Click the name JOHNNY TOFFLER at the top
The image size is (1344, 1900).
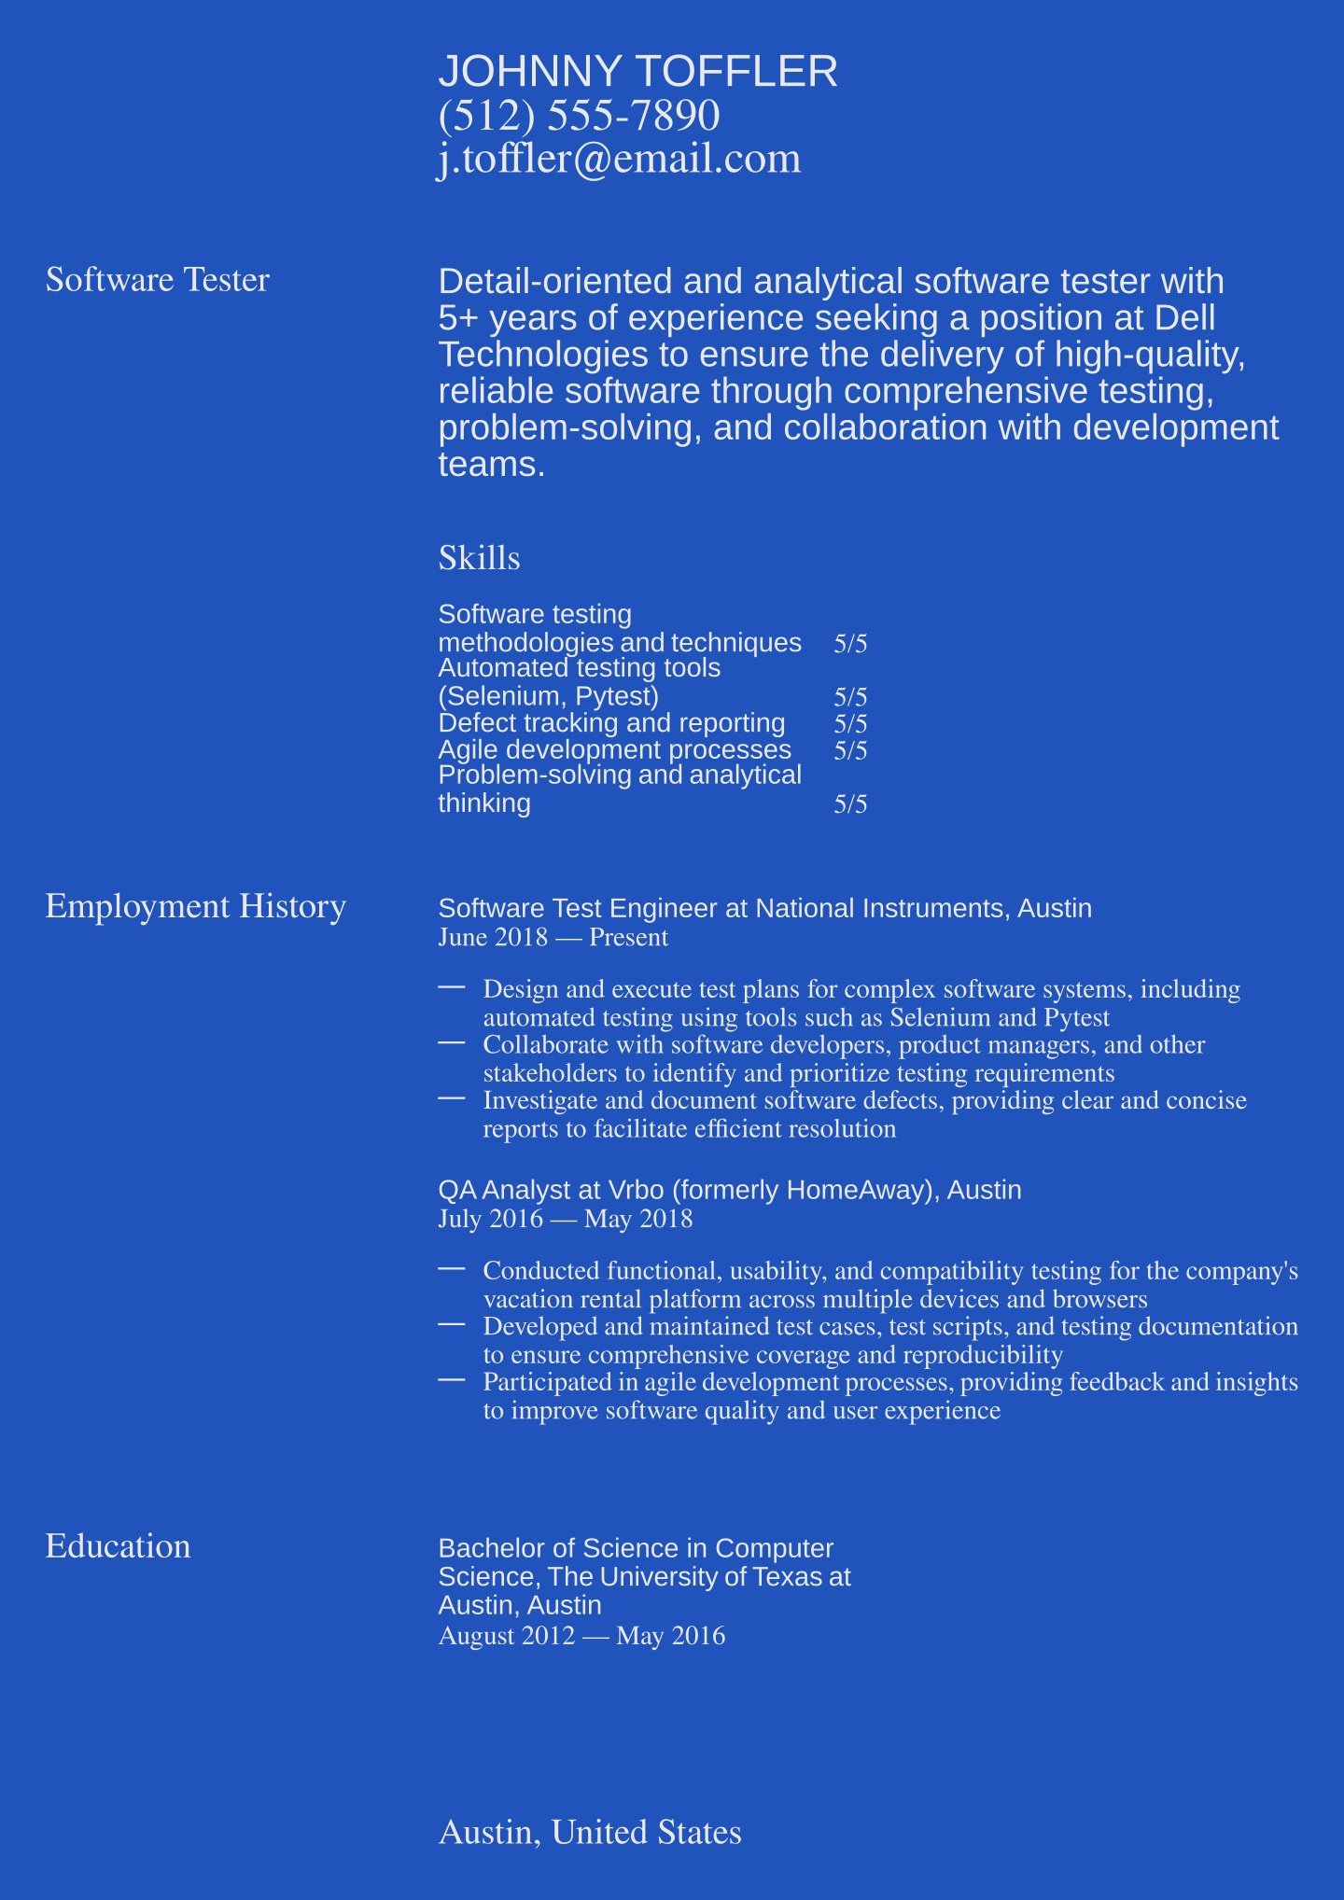pyautogui.click(x=637, y=72)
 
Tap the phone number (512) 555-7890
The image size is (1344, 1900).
pyautogui.click(x=579, y=116)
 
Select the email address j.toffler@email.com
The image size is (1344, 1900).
pyautogui.click(x=619, y=159)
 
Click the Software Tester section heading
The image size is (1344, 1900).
pyautogui.click(x=157, y=280)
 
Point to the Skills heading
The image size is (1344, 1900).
pyautogui.click(x=479, y=558)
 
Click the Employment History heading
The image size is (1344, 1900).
pyautogui.click(x=195, y=906)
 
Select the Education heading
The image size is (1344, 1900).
pyautogui.click(x=118, y=1546)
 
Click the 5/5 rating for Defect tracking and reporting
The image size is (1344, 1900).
pyautogui.click(x=850, y=724)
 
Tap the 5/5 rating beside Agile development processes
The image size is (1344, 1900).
pyautogui.click(x=850, y=751)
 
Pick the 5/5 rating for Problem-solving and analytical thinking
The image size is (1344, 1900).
pyautogui.click(x=850, y=804)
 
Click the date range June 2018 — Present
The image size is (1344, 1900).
pyautogui.click(x=553, y=938)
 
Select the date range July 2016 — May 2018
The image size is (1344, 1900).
pyautogui.click(x=565, y=1220)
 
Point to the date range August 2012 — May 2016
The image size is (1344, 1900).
pyautogui.click(x=581, y=1636)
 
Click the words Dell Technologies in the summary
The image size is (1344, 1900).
pyautogui.click(x=1184, y=319)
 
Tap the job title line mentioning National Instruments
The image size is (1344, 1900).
pyautogui.click(x=764, y=908)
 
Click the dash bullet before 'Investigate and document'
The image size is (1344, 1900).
pyautogui.click(x=452, y=1098)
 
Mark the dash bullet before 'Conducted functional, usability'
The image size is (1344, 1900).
pyautogui.click(x=452, y=1268)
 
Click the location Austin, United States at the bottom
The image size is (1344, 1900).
pyautogui.click(x=590, y=1832)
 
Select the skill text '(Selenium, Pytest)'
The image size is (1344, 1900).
pyautogui.click(x=548, y=696)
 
